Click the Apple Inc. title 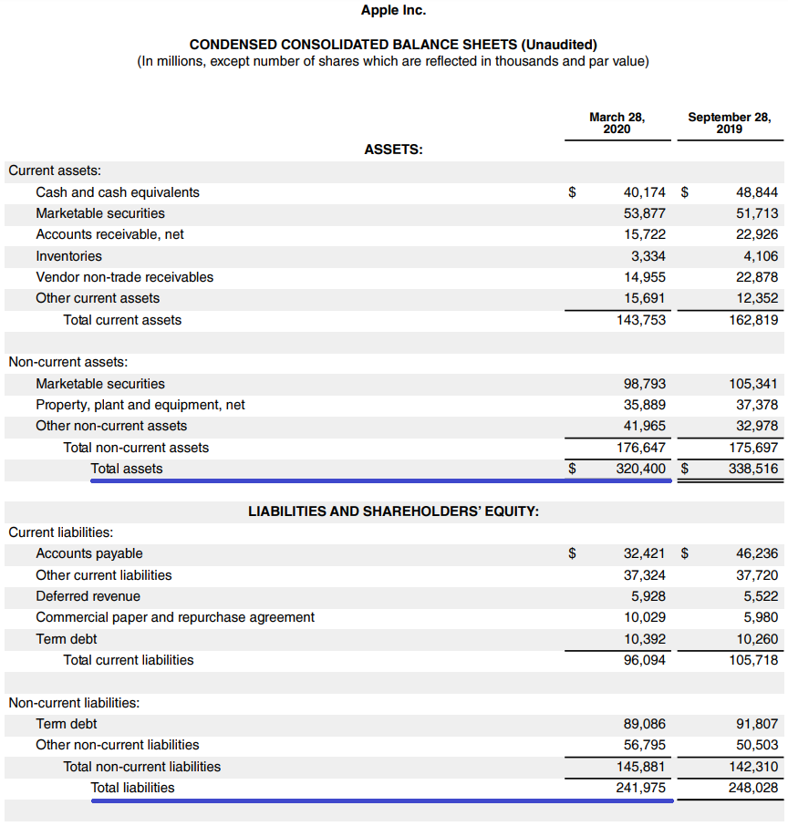click(x=393, y=10)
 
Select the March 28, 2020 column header click(x=617, y=122)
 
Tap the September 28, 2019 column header click(x=729, y=122)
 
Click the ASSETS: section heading click(x=393, y=150)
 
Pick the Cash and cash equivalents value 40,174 click(x=644, y=192)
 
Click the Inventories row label click(x=69, y=256)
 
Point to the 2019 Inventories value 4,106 click(x=761, y=256)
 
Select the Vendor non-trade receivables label click(x=125, y=277)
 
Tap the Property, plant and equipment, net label click(x=140, y=405)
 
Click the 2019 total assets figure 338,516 click(x=753, y=469)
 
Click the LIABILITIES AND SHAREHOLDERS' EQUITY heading click(x=393, y=511)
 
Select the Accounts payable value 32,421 click(x=644, y=553)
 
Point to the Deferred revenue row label click(x=88, y=596)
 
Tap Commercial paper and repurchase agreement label click(x=175, y=617)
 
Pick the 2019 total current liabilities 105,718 click(x=753, y=660)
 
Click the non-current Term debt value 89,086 click(x=644, y=724)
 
